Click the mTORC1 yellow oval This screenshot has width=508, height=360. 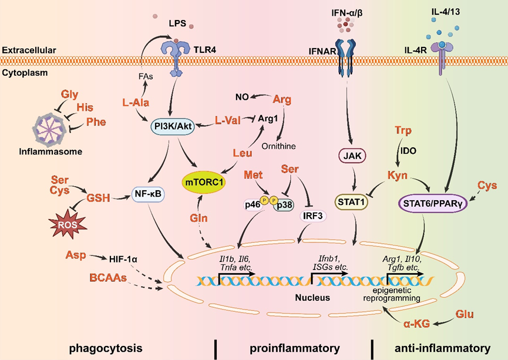pyautogui.click(x=206, y=182)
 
